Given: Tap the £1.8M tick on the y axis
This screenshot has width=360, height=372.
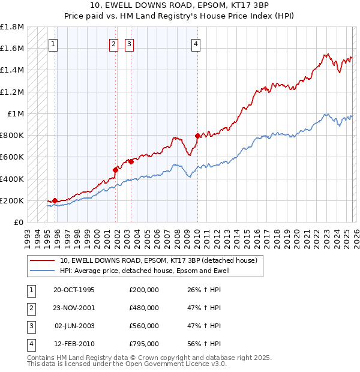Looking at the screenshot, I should tap(12, 27).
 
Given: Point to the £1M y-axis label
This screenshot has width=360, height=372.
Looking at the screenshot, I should tap(16, 114).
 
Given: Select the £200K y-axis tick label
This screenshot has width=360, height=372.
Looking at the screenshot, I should tap(12, 201).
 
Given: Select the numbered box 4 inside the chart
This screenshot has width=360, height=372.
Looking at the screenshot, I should tap(196, 43).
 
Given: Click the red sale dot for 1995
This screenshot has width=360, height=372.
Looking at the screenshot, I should tap(55, 200).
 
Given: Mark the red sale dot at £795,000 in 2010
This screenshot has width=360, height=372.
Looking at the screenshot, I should tap(197, 136).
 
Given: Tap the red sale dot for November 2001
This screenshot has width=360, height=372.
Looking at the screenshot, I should tap(115, 170).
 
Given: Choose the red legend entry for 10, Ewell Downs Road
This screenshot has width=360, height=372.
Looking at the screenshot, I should tap(158, 260).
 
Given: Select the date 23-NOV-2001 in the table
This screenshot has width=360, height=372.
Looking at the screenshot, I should tap(74, 308).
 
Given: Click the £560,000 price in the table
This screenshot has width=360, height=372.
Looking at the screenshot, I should tap(144, 326).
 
